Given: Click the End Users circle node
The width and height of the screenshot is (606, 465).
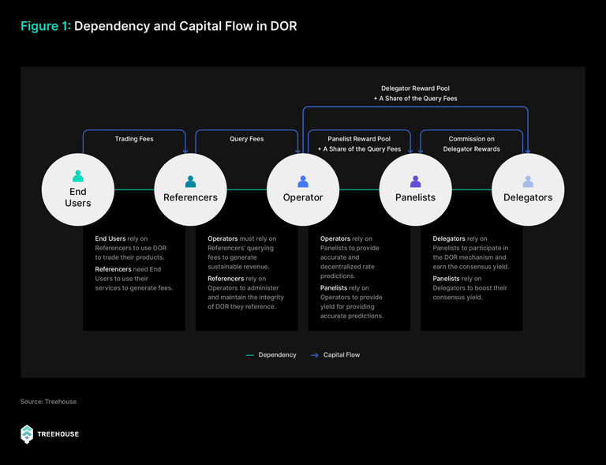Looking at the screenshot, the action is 77,189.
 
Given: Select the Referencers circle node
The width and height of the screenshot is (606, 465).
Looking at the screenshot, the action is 190,189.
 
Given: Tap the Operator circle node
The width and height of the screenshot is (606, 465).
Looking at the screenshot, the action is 303,189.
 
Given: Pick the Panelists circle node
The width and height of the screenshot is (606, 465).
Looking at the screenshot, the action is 416,189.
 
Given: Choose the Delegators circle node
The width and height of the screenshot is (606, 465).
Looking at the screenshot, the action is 528,189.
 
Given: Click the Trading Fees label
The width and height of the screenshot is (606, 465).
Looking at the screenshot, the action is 134,139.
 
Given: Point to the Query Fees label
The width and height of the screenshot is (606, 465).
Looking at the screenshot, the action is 246,139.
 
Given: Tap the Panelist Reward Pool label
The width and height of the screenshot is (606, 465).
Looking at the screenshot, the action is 359,139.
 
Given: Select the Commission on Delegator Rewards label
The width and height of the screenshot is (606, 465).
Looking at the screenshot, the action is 472,144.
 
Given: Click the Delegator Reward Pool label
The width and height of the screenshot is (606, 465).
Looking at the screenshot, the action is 416,88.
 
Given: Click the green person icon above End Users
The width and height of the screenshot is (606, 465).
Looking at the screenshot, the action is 77,176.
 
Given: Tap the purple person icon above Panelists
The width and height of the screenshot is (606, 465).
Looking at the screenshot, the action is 416,182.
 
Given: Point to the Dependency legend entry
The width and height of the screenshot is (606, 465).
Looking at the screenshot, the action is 271,354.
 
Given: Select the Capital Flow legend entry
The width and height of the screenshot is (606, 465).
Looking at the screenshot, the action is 335,354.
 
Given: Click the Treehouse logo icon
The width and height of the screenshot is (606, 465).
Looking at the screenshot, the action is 27,434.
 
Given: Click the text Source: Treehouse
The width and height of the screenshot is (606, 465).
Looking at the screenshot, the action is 48,402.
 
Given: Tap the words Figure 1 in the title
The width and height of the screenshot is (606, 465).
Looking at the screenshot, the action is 46,26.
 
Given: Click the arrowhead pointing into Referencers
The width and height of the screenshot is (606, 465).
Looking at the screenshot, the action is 185,151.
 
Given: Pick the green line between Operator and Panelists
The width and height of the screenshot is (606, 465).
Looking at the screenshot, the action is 359,189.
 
